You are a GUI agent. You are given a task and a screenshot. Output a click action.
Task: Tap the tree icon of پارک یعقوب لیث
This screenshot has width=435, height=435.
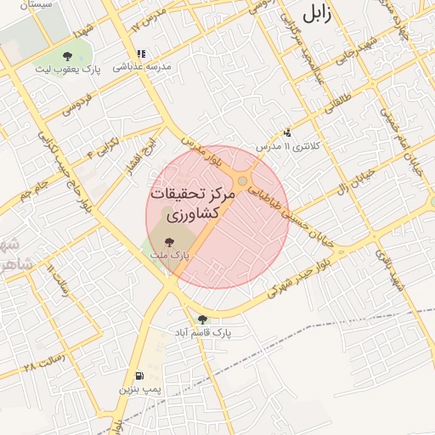pyautogui.click(x=66, y=56)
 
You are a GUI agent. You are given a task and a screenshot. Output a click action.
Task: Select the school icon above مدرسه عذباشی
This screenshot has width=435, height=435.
pyautogui.click(x=141, y=54)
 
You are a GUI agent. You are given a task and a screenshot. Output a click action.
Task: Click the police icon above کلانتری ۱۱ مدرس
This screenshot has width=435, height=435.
pyautogui.click(x=287, y=133)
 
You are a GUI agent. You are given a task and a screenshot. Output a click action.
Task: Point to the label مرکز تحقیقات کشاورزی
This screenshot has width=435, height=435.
pyautogui.click(x=191, y=205)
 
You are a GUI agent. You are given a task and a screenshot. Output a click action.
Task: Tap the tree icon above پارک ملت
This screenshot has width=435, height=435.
pyautogui.click(x=179, y=241)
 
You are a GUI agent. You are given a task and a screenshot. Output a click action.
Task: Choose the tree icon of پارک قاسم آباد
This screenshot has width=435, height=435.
pyautogui.click(x=202, y=319)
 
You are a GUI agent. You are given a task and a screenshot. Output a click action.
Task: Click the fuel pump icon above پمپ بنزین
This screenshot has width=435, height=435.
pyautogui.click(x=138, y=376)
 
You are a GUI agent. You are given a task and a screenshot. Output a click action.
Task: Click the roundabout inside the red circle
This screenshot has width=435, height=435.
pyautogui.click(x=244, y=182)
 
